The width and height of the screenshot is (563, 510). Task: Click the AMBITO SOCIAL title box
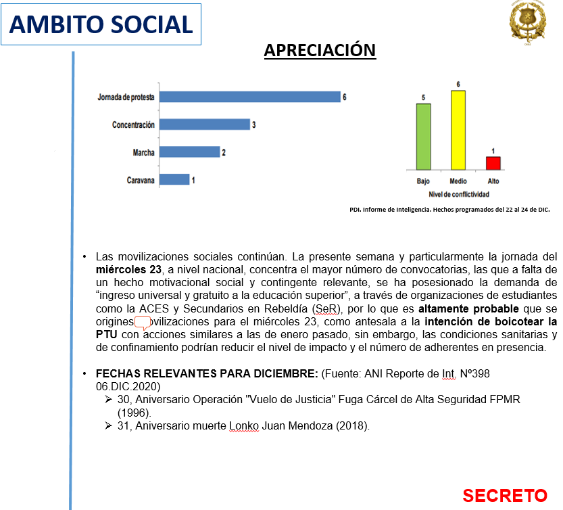(101, 24)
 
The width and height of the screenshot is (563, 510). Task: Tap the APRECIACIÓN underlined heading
(320, 50)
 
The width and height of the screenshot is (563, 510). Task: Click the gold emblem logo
(527, 23)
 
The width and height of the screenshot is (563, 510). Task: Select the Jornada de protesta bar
(250, 97)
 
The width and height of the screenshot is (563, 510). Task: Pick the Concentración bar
(205, 124)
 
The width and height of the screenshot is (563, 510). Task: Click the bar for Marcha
(189, 152)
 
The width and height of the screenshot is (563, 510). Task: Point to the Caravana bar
(174, 179)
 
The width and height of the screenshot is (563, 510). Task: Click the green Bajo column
(423, 137)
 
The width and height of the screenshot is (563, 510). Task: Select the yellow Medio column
(458, 130)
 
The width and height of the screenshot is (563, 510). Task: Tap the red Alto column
(493, 163)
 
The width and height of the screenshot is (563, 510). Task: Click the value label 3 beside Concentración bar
(254, 124)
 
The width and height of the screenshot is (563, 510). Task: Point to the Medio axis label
(458, 181)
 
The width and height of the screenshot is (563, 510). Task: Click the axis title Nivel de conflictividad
(459, 194)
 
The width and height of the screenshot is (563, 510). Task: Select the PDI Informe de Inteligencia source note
(449, 210)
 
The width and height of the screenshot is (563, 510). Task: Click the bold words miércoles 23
(128, 270)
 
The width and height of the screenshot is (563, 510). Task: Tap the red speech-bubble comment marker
(143, 323)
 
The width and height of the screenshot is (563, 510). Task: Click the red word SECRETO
(505, 496)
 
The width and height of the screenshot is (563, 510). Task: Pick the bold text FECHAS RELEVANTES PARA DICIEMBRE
(207, 374)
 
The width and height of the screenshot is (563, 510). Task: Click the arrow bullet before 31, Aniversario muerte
(108, 426)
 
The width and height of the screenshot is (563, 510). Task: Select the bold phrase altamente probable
(468, 308)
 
